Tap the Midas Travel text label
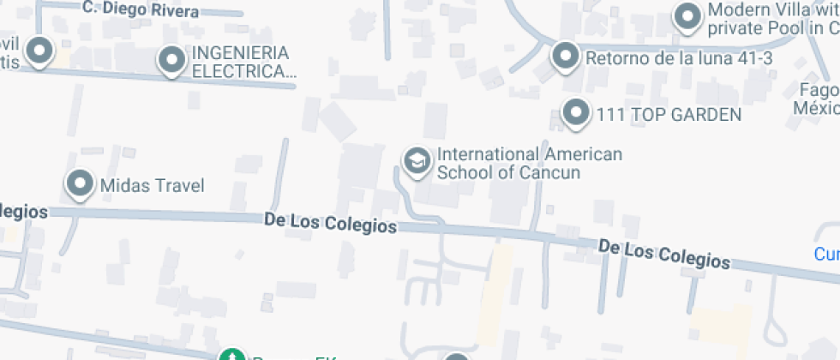tap(153, 185)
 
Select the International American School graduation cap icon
tap(417, 160)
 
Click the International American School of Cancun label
tap(529, 163)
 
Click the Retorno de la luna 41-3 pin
tap(565, 57)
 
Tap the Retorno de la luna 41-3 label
tap(679, 58)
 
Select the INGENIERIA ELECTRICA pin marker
tap(172, 60)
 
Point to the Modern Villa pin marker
tap(687, 16)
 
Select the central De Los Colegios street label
tap(330, 223)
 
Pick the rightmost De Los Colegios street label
tap(664, 255)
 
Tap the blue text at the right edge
tap(826, 254)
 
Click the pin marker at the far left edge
tap(39, 51)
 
